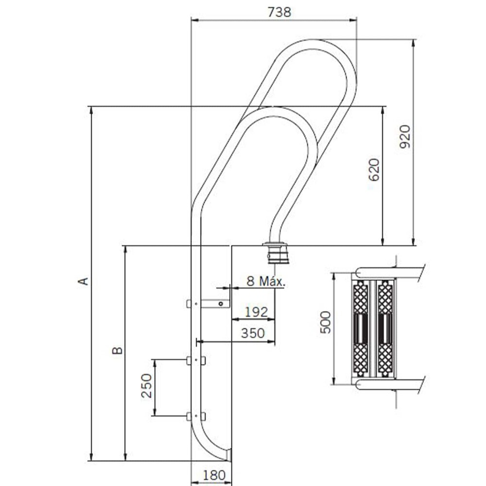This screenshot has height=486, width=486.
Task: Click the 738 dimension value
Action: point(279,12)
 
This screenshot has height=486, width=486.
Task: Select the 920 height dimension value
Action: point(405,137)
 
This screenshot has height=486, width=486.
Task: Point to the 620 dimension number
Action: point(374,170)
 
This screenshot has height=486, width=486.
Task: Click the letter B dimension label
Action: point(118,350)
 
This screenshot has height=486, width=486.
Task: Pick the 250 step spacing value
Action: point(146,385)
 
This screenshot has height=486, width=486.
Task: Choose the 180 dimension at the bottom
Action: point(214,475)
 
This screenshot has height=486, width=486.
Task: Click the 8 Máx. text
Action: point(266,281)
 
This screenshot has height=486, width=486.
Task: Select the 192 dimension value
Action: point(256,312)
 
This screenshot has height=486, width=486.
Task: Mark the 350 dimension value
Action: point(253,333)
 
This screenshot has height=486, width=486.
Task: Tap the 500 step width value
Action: point(326,322)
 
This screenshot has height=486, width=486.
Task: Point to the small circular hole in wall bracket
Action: point(220,304)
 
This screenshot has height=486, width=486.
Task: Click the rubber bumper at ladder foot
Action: point(229,454)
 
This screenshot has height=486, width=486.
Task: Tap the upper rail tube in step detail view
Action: point(390,272)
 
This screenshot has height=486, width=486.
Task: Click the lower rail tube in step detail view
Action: point(390,384)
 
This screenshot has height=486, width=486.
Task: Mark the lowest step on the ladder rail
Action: point(196,417)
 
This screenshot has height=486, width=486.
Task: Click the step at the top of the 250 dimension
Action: point(196,360)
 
